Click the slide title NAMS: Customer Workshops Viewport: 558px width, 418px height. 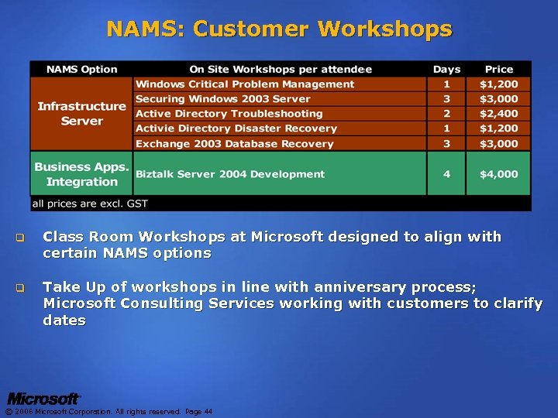[x=279, y=29]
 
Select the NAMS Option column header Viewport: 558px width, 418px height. [x=81, y=69]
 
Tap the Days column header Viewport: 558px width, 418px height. [x=446, y=69]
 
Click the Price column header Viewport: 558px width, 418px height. [x=499, y=69]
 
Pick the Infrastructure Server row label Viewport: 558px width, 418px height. [x=81, y=114]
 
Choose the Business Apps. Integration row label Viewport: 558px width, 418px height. [x=81, y=174]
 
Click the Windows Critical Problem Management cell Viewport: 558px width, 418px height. [x=245, y=84]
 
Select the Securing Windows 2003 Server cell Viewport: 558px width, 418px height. [x=223, y=99]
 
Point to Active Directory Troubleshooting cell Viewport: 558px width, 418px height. [x=229, y=114]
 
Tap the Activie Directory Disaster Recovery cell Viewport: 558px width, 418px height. [x=236, y=128]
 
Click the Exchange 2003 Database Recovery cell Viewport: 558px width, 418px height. [x=234, y=144]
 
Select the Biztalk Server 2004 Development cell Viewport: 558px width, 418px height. [x=230, y=174]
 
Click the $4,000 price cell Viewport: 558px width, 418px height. [x=498, y=174]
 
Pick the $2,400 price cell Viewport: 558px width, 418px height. [x=498, y=114]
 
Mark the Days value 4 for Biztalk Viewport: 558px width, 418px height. [x=446, y=174]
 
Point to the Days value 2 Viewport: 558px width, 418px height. [x=446, y=114]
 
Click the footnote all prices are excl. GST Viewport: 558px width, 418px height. [x=89, y=204]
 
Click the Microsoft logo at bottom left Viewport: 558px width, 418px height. [x=43, y=399]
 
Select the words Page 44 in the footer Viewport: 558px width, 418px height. [x=198, y=412]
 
